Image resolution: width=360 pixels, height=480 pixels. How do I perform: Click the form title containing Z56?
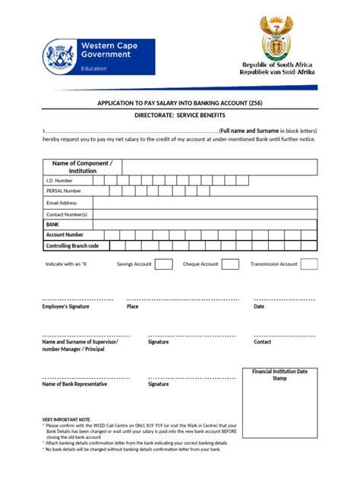click(179, 101)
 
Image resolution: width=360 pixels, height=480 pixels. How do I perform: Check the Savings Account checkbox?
click(164, 264)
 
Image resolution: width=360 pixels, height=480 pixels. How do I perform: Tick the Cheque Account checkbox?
click(230, 264)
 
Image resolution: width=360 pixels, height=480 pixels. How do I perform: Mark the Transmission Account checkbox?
click(309, 264)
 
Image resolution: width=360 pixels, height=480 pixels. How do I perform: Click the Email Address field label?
click(62, 203)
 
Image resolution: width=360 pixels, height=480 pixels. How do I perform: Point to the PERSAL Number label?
click(64, 191)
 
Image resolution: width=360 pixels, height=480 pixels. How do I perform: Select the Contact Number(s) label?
click(67, 214)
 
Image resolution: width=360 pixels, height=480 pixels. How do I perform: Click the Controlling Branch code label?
click(73, 246)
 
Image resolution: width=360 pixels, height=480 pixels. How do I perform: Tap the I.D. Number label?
click(59, 181)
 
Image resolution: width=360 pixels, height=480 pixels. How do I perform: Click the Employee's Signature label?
click(65, 307)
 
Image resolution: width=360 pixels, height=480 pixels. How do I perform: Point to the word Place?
click(132, 307)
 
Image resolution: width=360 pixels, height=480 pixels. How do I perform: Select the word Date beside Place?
click(259, 307)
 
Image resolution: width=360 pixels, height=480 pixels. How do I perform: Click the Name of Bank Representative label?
click(74, 384)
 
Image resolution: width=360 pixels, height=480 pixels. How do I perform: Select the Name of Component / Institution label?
click(83, 167)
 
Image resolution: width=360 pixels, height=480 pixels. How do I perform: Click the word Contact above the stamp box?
click(262, 343)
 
